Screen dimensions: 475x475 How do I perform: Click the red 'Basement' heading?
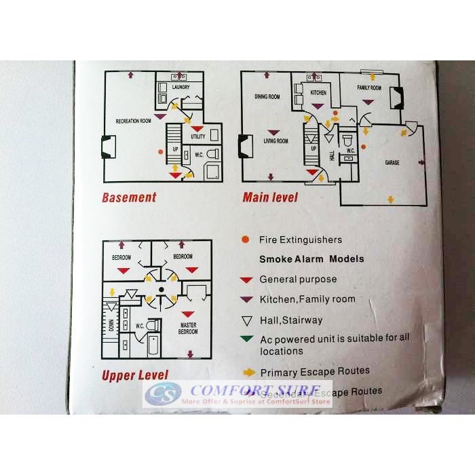coord(129,197)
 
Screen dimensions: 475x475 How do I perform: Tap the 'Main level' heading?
coord(270,197)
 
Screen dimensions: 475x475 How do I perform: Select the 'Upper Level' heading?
coord(134,375)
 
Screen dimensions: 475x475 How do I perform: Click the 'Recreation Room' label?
coord(133,121)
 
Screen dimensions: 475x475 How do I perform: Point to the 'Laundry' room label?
coord(180,88)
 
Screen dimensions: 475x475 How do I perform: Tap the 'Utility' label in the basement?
coord(198,136)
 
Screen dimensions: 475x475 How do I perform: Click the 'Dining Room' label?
coord(267,97)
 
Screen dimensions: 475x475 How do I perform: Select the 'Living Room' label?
coord(275,141)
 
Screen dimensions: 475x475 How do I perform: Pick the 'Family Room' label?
coord(369,88)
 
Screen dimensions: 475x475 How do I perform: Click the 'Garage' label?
coord(392,163)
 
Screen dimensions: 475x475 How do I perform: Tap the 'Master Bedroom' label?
coord(189,328)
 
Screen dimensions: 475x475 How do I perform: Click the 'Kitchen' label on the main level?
coord(318,92)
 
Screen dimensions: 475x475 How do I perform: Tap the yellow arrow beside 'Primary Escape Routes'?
coord(248,372)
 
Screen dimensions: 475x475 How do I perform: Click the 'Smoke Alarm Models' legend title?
coord(311,259)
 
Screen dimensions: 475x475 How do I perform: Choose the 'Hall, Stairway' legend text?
coord(292,320)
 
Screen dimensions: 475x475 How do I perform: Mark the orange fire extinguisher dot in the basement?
coord(160,151)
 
